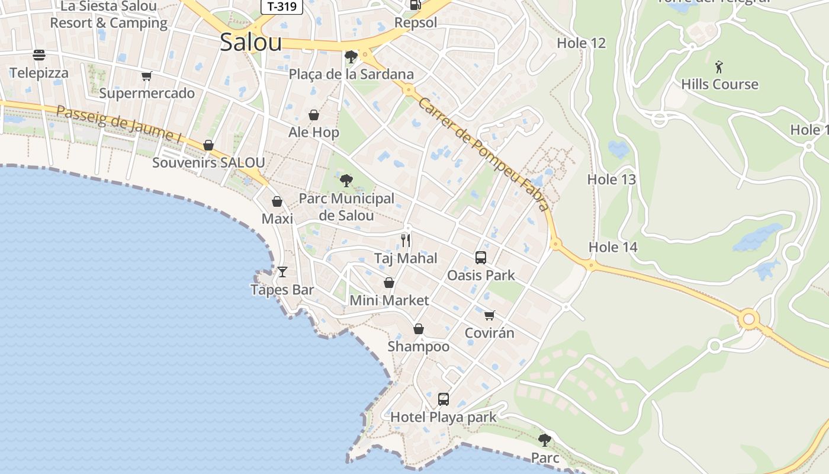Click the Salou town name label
point(250,42)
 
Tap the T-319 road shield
point(282,7)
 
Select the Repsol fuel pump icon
point(416,5)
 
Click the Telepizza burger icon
point(39,55)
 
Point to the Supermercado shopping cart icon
point(146,76)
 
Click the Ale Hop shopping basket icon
point(314,115)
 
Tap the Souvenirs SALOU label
point(208,162)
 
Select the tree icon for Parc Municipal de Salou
point(346,180)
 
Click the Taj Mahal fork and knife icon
point(406,240)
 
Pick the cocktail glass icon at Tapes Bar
point(282,272)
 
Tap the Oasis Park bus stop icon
point(481,258)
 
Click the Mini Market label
point(389,300)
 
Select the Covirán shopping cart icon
point(489,315)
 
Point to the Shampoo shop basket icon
point(419,329)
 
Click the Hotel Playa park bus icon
point(444,399)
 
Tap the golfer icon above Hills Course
point(719,66)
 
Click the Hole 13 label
point(612,179)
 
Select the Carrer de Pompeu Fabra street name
point(483,153)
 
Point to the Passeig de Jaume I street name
point(119,123)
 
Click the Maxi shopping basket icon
point(277,201)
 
